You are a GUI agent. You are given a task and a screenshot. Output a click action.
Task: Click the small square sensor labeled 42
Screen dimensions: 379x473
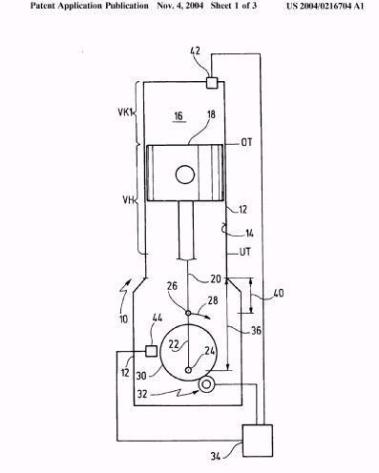pyautogui.click(x=212, y=83)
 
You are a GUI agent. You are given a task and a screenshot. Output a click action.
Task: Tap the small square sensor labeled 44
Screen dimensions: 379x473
pyautogui.click(x=151, y=351)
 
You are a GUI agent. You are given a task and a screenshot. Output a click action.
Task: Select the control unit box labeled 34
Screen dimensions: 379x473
pyautogui.click(x=258, y=441)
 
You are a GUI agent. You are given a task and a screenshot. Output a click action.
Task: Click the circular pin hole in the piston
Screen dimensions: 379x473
pyautogui.click(x=185, y=175)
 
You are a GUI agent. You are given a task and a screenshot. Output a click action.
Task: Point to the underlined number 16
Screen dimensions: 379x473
pyautogui.click(x=179, y=116)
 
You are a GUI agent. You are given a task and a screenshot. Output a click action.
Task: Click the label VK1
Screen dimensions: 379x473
pyautogui.click(x=125, y=113)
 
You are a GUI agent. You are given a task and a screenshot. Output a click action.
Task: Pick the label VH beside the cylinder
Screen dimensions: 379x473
pyautogui.click(x=128, y=200)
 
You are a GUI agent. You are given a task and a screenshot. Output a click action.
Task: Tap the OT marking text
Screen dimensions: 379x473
pyautogui.click(x=246, y=142)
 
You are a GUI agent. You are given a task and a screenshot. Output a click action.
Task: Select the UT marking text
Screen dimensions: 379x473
pyautogui.click(x=245, y=252)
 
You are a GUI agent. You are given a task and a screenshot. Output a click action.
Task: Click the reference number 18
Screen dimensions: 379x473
pyautogui.click(x=211, y=114)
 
